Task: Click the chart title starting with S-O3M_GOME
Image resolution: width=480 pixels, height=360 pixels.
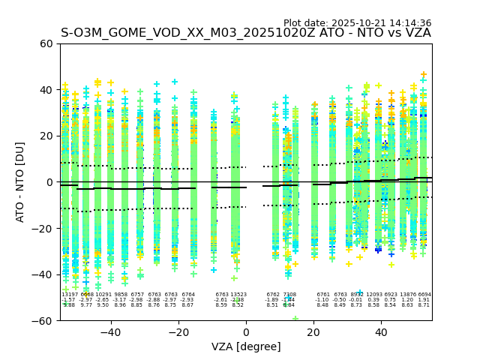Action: [x=246, y=33]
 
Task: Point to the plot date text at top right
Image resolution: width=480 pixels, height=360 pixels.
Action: [x=357, y=23]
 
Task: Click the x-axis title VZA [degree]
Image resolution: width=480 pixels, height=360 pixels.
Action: [x=246, y=346]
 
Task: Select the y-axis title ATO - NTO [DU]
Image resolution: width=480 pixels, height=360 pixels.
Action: [x=20, y=182]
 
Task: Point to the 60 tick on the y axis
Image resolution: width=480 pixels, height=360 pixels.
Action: [x=46, y=43]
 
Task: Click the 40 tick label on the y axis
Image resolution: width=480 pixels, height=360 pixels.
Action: [x=46, y=90]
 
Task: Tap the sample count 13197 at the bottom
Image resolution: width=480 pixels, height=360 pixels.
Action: [x=69, y=295]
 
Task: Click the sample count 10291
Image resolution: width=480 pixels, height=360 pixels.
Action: [x=103, y=295]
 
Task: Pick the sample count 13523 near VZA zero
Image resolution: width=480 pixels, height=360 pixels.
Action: [x=238, y=295]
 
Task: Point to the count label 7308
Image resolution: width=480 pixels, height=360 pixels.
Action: [x=289, y=295]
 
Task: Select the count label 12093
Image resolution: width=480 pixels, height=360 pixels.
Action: [x=373, y=295]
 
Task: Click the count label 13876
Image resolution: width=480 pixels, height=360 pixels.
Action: [x=407, y=295]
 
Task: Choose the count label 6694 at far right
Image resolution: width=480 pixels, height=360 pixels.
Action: [x=424, y=295]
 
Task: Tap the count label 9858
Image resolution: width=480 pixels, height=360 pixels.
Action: [x=120, y=295]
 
